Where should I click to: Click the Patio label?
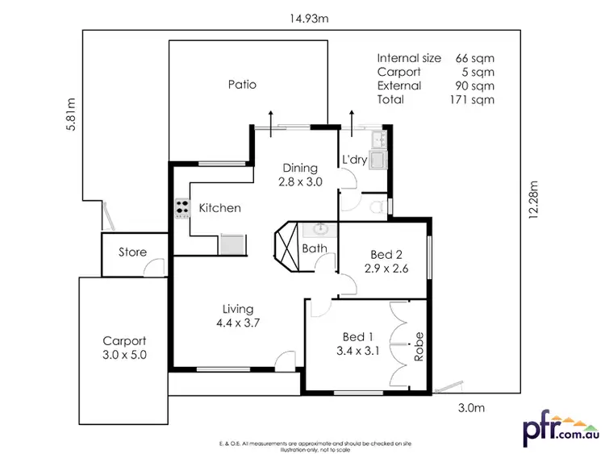242,84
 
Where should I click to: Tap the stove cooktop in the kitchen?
181,208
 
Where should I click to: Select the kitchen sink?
232,242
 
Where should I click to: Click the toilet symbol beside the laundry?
374,207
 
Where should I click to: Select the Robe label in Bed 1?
419,346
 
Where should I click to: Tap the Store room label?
133,252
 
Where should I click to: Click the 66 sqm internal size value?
476,58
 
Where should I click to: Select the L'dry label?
355,160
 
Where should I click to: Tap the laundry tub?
378,156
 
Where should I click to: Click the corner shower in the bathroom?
287,243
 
